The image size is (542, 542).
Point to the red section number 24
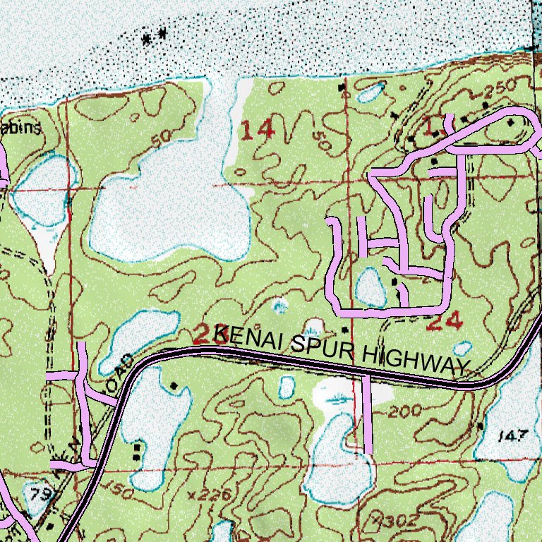point(445,322)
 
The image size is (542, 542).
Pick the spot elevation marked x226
point(210,495)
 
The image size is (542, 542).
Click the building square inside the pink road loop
point(394,281)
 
